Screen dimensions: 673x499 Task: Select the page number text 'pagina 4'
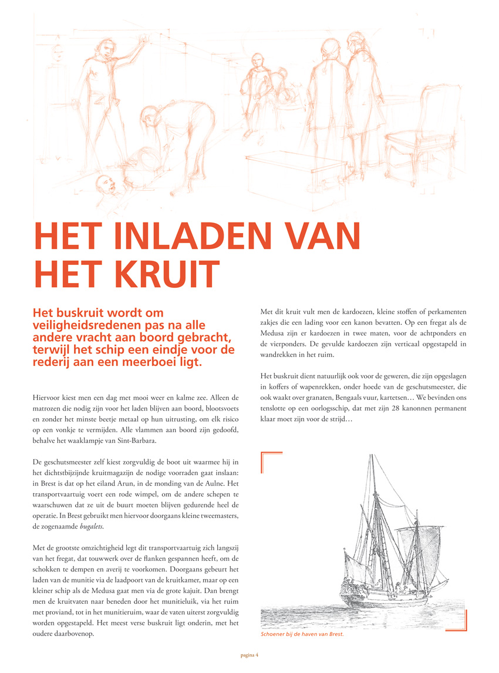[249, 654]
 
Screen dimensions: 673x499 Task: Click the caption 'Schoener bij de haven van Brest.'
[302, 634]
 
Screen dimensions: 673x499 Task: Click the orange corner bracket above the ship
[271, 462]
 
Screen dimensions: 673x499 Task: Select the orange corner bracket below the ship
[456, 621]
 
